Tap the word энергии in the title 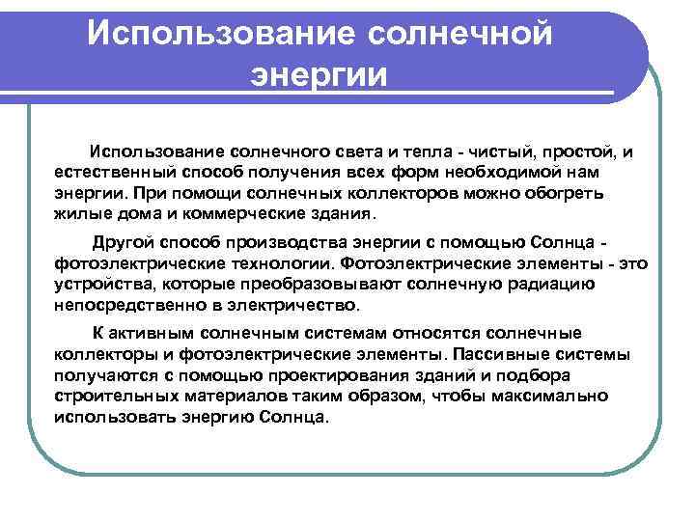coord(318,74)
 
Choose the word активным coord(150,334)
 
